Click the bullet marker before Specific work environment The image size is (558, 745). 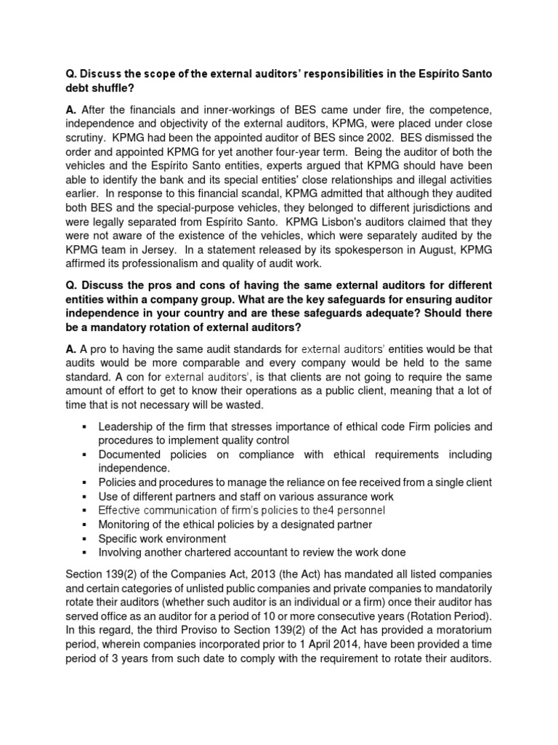(85, 539)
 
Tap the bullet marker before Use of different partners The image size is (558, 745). (85, 496)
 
